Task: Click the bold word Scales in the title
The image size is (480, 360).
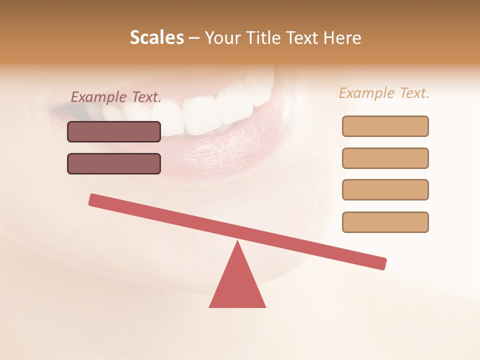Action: (156, 38)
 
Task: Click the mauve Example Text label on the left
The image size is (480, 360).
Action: (116, 97)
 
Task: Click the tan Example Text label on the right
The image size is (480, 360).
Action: (384, 93)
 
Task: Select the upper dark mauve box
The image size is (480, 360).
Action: (114, 131)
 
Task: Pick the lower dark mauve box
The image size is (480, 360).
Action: (114, 163)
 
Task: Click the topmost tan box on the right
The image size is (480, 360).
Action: (385, 126)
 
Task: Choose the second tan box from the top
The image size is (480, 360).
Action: (385, 158)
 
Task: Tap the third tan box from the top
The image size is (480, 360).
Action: (385, 189)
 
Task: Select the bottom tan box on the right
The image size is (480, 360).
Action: (385, 222)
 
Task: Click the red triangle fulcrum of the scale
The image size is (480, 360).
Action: (237, 285)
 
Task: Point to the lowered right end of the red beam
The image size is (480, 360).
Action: (381, 263)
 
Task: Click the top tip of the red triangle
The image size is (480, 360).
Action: (237, 243)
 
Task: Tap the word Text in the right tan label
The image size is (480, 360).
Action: (412, 93)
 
